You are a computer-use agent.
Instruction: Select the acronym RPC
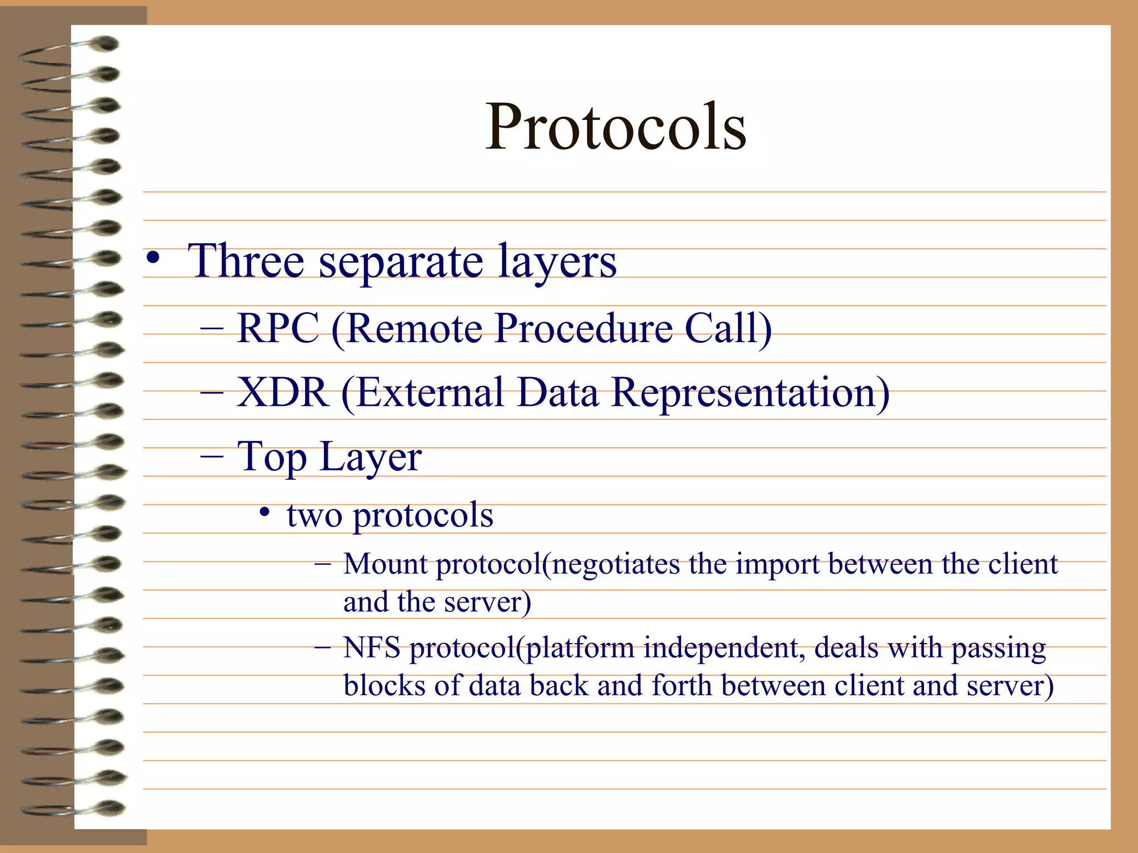coord(278,329)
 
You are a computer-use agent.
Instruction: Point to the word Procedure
coord(583,329)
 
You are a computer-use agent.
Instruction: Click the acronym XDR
coord(282,393)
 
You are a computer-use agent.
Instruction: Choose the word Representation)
coord(750,393)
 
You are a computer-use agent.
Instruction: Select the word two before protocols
coord(314,515)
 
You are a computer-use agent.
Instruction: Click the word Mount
coord(385,564)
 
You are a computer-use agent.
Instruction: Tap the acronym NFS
coord(371,648)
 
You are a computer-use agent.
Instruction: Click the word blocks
coord(384,685)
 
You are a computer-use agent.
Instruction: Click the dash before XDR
coord(212,393)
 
